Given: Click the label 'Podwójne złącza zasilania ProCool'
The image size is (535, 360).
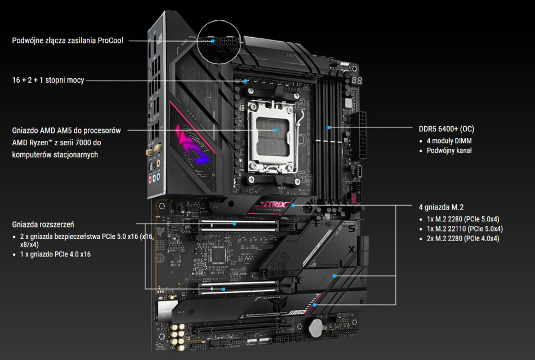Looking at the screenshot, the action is point(68,41).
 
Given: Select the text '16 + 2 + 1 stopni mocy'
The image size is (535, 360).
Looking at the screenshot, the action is point(48,80).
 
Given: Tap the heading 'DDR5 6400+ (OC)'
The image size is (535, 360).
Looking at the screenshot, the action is point(446,129).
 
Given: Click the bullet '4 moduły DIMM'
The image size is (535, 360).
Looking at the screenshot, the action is point(449,141).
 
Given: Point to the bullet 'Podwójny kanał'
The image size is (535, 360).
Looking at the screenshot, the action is point(449,150).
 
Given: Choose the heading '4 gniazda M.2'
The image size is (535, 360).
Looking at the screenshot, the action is point(441,207).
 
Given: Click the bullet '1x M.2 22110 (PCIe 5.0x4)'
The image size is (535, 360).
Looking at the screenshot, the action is point(465,229).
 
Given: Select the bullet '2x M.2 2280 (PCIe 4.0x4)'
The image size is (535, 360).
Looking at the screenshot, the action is point(463,238).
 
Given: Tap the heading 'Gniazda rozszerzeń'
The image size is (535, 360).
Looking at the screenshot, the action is point(43,225).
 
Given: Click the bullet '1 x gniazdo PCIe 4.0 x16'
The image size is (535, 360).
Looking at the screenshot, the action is point(55,254).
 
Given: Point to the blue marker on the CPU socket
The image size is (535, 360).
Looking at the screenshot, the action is point(276,130).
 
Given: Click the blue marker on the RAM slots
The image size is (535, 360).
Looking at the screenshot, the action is point(329,128).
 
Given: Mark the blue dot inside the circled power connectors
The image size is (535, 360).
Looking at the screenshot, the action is point(213,41).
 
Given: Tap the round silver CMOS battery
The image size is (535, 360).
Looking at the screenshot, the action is point(316,327).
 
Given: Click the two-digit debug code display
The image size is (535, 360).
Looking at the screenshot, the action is point(356,80).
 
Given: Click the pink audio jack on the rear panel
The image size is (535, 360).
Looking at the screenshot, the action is point(150,179).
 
